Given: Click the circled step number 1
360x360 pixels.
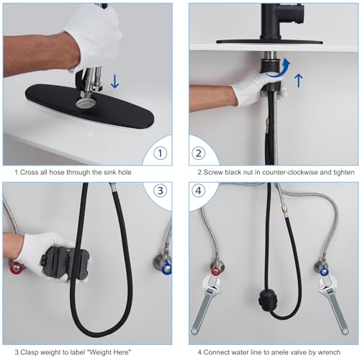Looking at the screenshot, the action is [160, 153].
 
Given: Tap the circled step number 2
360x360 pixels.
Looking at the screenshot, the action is [198, 153].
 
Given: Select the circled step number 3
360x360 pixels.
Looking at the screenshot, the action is [160, 191].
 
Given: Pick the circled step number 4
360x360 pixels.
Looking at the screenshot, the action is [198, 191].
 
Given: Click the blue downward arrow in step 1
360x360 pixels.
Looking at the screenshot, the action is [114, 81].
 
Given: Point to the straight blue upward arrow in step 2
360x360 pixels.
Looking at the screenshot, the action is [298, 80].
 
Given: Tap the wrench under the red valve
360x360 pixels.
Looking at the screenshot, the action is [206, 305].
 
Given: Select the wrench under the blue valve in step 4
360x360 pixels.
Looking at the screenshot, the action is [333, 305].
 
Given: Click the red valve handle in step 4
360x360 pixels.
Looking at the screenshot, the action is [216, 271].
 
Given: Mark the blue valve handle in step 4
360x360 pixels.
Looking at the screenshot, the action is [324, 271].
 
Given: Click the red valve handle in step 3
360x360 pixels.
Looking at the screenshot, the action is [17, 267].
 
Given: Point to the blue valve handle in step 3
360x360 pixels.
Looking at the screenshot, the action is [167, 268].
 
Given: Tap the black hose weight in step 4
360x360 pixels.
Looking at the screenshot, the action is [268, 300].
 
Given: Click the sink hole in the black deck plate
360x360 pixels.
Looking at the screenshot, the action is [86, 103].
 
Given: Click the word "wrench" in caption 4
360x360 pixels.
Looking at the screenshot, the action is [329, 352].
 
